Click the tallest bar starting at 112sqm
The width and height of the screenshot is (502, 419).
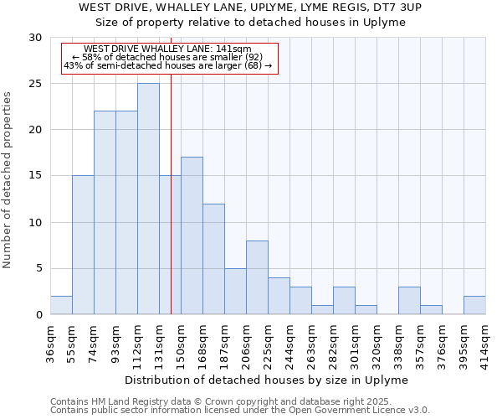coord(148,199)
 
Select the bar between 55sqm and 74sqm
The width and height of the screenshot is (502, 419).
coord(83,245)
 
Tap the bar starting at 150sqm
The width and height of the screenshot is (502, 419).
coord(192,235)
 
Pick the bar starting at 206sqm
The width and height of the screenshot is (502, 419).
coord(257,277)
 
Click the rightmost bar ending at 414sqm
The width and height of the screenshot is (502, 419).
coord(474,305)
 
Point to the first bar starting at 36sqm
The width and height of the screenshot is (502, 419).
coord(61,305)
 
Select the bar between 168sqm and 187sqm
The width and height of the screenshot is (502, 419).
coord(213,259)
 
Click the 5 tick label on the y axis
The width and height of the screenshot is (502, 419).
coord(38,269)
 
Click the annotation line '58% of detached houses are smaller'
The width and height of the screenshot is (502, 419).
coord(167,57)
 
